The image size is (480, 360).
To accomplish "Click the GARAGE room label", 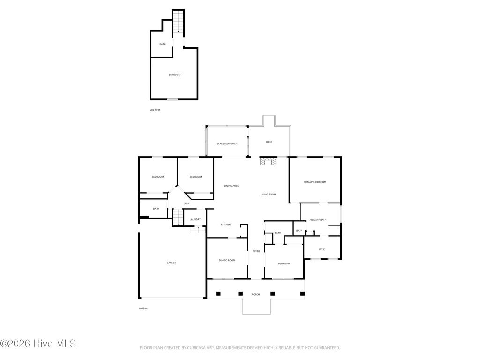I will (172, 262).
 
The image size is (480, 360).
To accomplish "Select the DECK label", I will (269, 142).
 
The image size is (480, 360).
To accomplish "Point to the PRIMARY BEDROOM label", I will (315, 182).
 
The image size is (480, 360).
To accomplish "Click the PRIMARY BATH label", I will (318, 220).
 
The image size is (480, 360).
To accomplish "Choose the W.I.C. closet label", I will (322, 249).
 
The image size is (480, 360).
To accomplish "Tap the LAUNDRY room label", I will (195, 219).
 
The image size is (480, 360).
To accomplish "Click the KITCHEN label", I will (226, 225).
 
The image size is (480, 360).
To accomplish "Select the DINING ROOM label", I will (227, 260).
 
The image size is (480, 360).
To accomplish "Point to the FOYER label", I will (256, 251).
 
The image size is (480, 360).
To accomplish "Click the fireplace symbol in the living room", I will (269, 162).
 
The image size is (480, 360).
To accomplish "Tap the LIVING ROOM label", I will (268, 194).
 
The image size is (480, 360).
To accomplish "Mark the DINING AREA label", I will (231, 186).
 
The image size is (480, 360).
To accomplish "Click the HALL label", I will (187, 203).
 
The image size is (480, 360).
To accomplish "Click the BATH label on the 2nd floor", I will (163, 44).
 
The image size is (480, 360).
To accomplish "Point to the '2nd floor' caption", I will (155, 109).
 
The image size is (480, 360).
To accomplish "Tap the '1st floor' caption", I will (143, 308).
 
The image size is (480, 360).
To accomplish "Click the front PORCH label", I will (255, 294).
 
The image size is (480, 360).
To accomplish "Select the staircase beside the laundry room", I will (178, 217).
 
